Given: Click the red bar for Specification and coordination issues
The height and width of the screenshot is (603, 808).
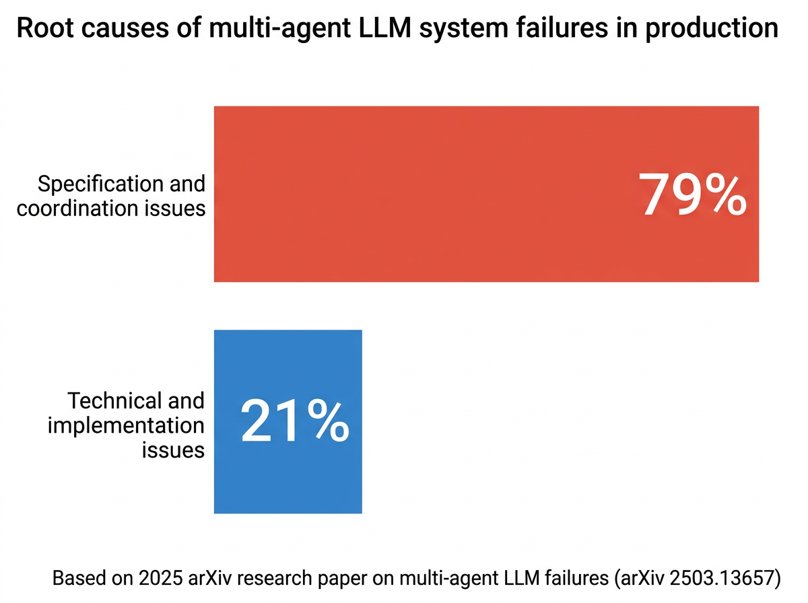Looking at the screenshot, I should [x=417, y=194].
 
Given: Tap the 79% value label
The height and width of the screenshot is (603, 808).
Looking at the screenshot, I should [x=692, y=194].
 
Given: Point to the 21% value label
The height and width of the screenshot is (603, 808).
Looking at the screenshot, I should [x=294, y=422].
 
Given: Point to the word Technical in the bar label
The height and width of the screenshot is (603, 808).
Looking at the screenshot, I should [x=112, y=401].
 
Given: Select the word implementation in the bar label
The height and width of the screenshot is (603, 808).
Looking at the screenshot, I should [x=126, y=425].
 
